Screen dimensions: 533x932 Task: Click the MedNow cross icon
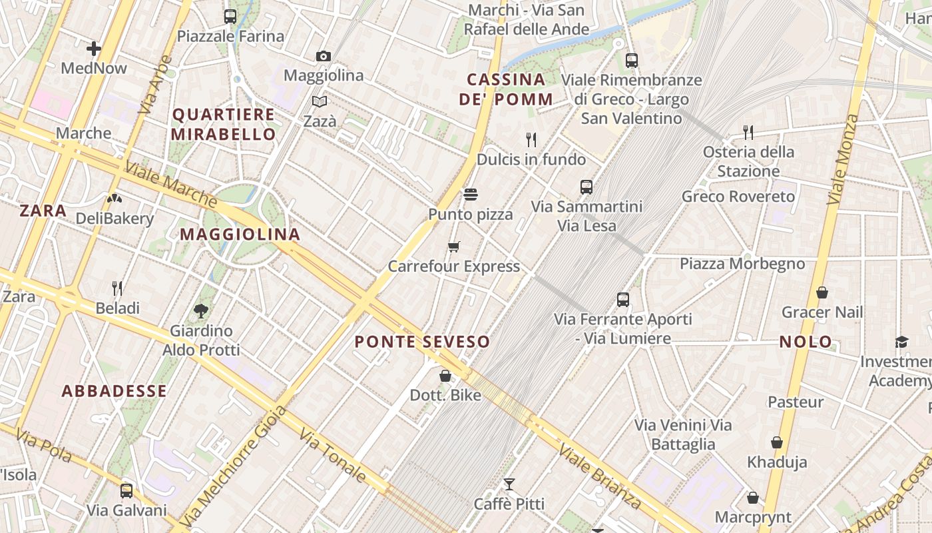coord(93,48)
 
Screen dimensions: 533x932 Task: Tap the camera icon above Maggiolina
coord(324,56)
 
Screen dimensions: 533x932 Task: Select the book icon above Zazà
coord(320,101)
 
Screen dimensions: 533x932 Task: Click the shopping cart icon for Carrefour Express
coord(454,247)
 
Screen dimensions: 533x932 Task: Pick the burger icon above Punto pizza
coord(471,195)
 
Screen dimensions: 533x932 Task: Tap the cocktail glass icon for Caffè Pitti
coord(509,484)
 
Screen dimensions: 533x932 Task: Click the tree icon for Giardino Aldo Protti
coord(200,310)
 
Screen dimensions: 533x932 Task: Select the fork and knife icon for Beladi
coord(117,288)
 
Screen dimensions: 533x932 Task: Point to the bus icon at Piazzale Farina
coord(230,17)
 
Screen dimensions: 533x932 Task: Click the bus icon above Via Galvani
coord(126,491)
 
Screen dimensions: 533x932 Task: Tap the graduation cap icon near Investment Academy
coord(901,342)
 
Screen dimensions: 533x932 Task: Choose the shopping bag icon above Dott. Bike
coord(445,376)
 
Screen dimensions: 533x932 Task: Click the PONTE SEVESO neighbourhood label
coord(422,342)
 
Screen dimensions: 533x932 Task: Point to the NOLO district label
coord(806,342)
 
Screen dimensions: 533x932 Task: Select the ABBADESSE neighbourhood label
coord(114,391)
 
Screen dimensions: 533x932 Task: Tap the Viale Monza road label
coord(843,159)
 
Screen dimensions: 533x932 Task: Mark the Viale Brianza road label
coord(600,476)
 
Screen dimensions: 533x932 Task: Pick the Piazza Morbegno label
coord(742,264)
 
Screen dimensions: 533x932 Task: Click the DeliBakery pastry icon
coord(115,199)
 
